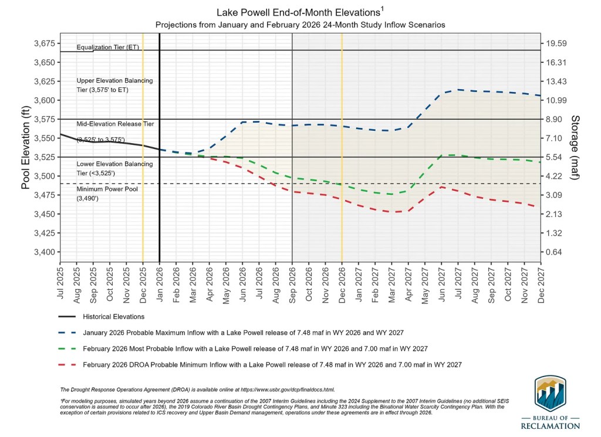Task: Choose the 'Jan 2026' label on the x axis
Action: point(160,285)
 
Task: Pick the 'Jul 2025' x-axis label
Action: point(61,285)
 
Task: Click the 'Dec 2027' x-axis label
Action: point(541,285)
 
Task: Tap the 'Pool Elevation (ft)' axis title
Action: point(26,148)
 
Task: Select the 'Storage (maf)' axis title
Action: point(575,148)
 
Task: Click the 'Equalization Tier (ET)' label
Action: point(108,47)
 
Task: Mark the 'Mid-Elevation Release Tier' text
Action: point(115,124)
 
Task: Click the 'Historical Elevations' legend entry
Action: point(113,317)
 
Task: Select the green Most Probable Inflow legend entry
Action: point(255,348)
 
